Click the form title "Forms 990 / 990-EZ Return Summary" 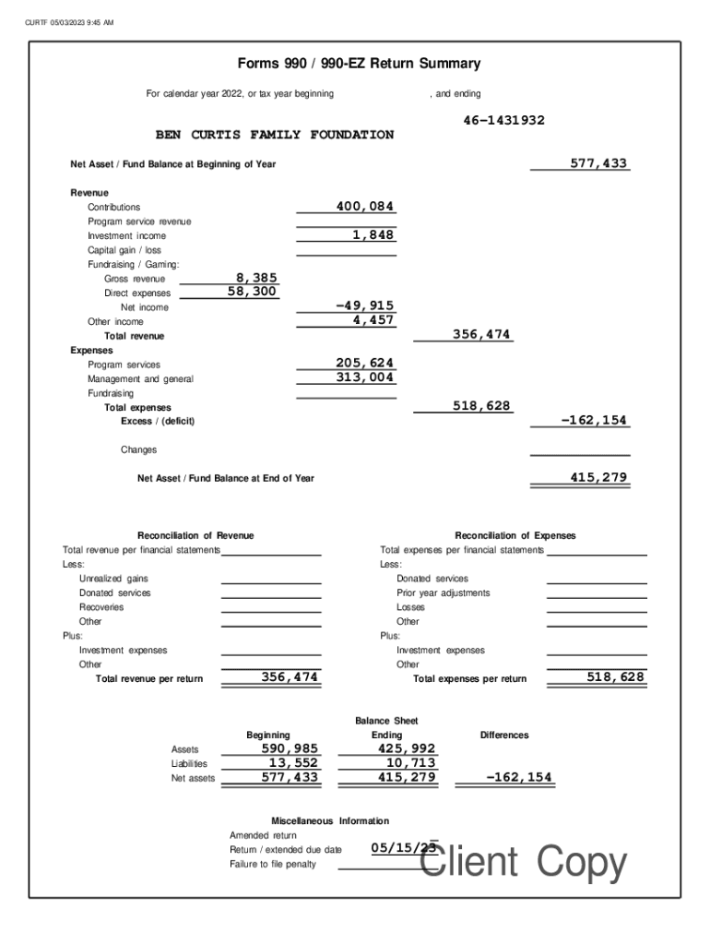click(359, 64)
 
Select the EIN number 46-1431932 click(503, 121)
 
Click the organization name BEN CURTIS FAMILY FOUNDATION click(274, 135)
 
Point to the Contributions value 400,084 click(365, 207)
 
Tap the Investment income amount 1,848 click(373, 235)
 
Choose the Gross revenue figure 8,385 click(256, 278)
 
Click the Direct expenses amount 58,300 click(253, 292)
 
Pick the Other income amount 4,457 click(373, 320)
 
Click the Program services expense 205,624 click(365, 364)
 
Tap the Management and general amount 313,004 click(365, 377)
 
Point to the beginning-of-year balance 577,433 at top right click(598, 163)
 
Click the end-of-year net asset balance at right click(598, 477)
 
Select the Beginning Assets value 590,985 click(290, 748)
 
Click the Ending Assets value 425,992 click(406, 748)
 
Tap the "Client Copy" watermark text click(523, 863)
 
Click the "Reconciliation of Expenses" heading click(515, 535)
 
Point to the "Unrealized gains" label click(113, 579)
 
